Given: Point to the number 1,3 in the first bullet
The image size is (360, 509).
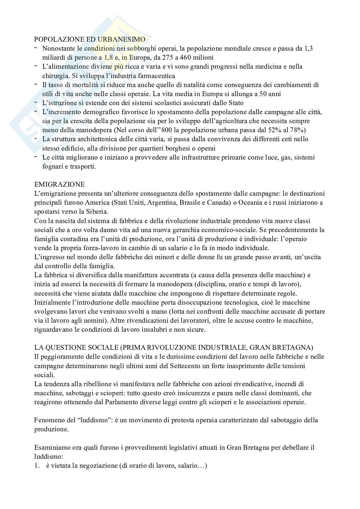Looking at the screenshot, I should (309, 49).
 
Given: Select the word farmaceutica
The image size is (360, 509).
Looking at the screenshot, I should (157, 76).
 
